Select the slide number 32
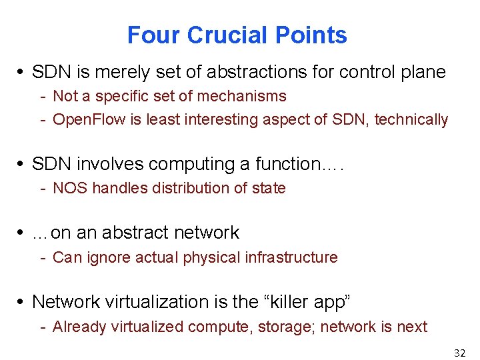click(459, 353)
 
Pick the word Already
click(78, 327)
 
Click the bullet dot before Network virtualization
click(23, 302)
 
